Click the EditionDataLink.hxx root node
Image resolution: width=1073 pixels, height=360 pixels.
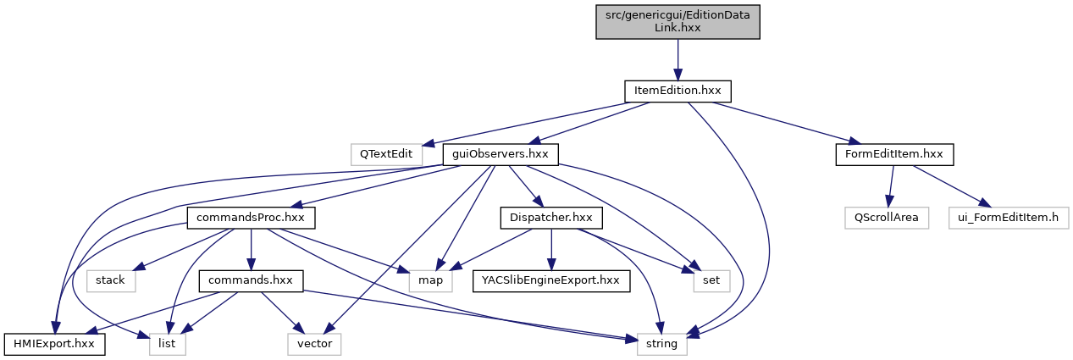(677, 20)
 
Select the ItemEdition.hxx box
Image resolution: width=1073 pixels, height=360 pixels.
(677, 89)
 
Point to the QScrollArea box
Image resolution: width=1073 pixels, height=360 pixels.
(887, 217)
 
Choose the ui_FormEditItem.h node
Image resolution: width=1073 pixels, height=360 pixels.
(1008, 217)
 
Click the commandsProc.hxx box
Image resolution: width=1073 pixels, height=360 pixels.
(252, 217)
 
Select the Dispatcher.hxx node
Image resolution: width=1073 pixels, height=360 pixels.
(551, 217)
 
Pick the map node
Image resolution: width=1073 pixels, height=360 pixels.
(431, 280)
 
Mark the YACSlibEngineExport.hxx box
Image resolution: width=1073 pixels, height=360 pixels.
(551, 280)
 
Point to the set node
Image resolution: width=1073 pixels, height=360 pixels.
(711, 280)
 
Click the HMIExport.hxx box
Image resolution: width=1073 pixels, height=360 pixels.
(55, 344)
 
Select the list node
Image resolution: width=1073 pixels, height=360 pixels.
(167, 344)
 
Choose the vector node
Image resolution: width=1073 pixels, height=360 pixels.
(313, 344)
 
